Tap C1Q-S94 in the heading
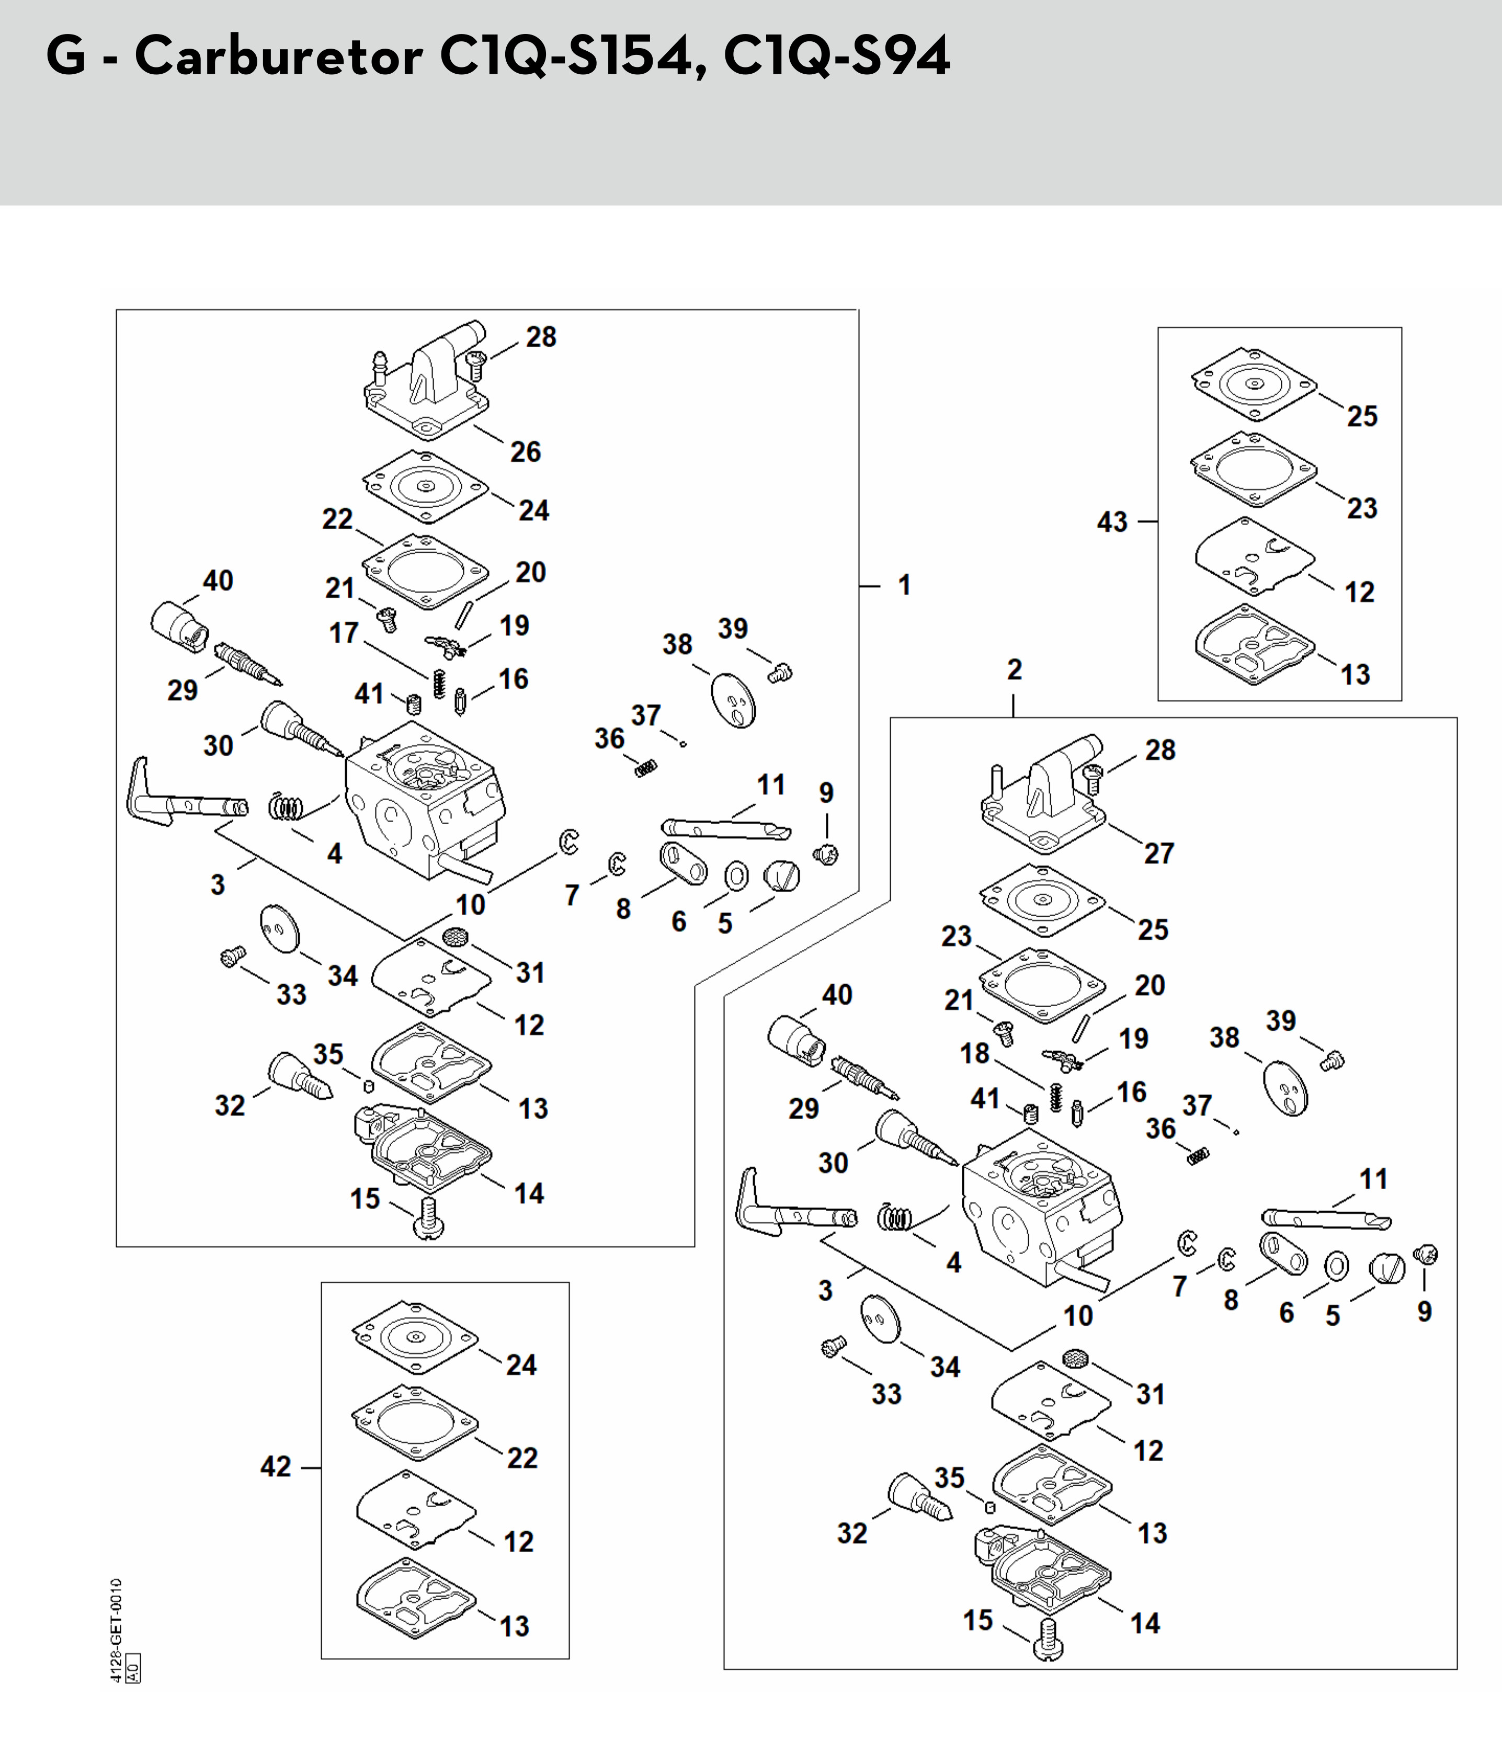(837, 58)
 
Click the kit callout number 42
(276, 1466)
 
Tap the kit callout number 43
(1113, 521)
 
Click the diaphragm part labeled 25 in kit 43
(1253, 385)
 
